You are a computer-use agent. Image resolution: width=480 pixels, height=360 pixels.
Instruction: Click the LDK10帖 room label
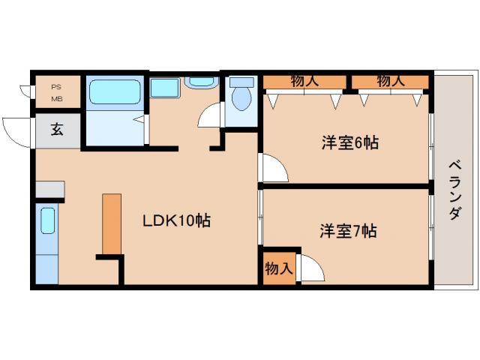(x=176, y=220)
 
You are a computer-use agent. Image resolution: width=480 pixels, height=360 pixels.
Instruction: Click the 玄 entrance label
(x=57, y=129)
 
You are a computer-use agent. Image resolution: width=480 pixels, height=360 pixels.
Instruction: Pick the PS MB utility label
(x=57, y=91)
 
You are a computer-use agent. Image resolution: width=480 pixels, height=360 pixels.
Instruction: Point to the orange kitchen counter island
(x=112, y=224)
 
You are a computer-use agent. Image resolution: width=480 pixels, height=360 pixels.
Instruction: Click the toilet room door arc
(x=211, y=116)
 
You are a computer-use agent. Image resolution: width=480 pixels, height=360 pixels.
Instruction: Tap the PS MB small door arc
(x=25, y=91)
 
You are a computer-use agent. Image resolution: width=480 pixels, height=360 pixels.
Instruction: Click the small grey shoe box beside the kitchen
(x=49, y=188)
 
